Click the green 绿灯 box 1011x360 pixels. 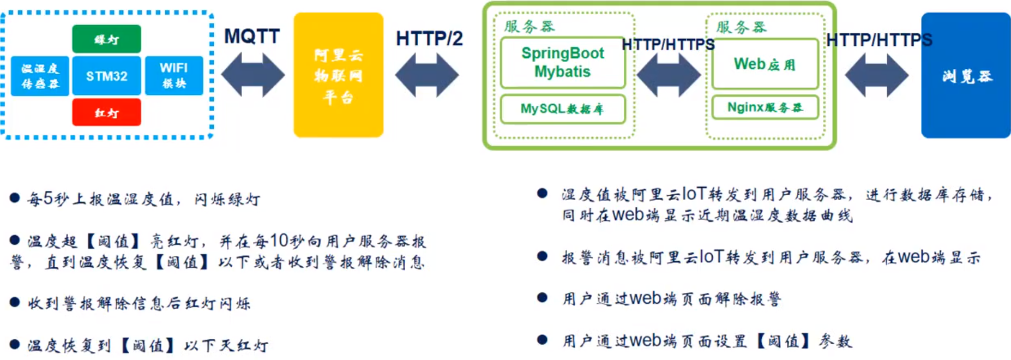tap(106, 39)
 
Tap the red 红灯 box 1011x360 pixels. tap(106, 112)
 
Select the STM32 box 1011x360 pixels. tap(106, 76)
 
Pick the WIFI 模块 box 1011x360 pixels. tap(174, 76)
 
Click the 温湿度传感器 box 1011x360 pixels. tap(40, 76)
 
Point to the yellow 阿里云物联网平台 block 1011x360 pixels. tap(338, 75)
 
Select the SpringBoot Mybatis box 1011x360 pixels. tap(562, 62)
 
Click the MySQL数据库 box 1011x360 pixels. tap(562, 109)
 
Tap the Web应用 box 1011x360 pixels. tap(765, 64)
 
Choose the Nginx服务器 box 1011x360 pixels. tap(765, 107)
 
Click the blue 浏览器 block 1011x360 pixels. tap(966, 75)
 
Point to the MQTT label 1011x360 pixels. tap(252, 37)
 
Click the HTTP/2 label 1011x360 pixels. tap(429, 38)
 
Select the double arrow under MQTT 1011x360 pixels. tap(253, 75)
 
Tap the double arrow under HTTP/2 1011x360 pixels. tap(427, 75)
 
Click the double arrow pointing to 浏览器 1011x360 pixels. tap(876, 75)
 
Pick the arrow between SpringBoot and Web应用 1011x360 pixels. tap(669, 75)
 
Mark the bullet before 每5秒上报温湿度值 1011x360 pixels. tap(15, 198)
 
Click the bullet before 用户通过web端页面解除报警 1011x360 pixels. tap(542, 297)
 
